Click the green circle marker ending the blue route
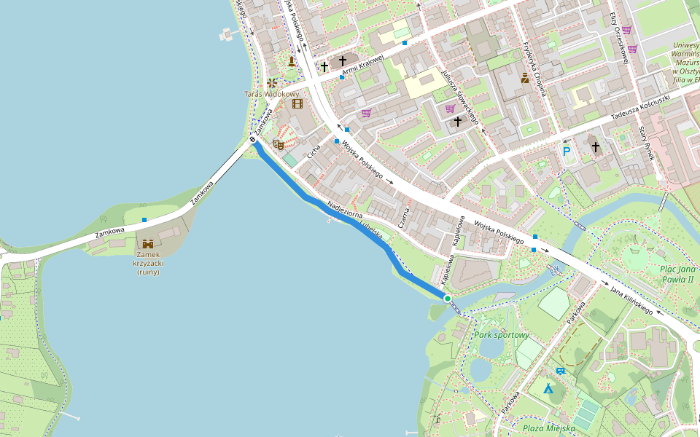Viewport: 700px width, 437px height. click(x=447, y=299)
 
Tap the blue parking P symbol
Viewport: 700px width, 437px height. click(x=567, y=151)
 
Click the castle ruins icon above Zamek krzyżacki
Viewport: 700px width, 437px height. click(x=148, y=243)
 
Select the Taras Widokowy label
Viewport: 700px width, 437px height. click(x=271, y=94)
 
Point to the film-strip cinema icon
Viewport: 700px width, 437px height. click(x=297, y=103)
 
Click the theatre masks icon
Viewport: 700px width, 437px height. click(x=278, y=144)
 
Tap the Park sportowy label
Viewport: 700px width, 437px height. click(x=501, y=335)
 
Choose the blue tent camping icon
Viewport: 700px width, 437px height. click(x=548, y=388)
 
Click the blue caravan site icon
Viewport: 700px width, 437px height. click(x=560, y=371)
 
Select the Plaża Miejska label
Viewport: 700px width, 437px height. click(x=548, y=428)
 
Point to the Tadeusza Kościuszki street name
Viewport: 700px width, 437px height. click(x=639, y=107)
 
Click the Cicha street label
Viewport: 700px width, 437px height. click(x=314, y=153)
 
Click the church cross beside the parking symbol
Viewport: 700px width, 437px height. click(x=596, y=147)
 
